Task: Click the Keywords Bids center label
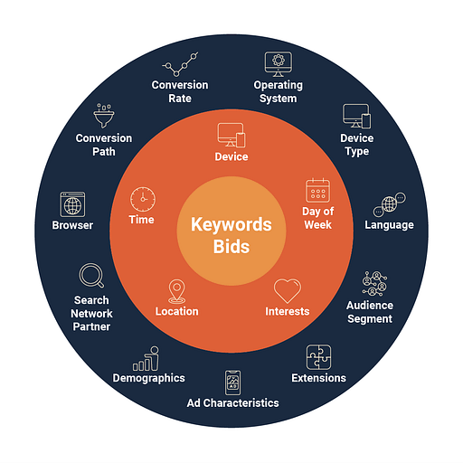(x=231, y=235)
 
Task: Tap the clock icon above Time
(x=143, y=199)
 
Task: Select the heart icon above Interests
(x=288, y=290)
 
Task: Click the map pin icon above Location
(x=177, y=291)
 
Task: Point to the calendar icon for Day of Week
(x=317, y=191)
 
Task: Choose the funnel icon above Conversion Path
(x=104, y=116)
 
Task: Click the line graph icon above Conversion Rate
(x=180, y=64)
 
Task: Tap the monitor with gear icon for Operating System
(x=279, y=64)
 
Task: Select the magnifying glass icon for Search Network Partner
(x=91, y=276)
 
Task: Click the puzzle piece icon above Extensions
(x=318, y=357)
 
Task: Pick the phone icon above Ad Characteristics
(x=232, y=383)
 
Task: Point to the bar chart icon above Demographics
(x=146, y=358)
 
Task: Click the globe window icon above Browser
(x=72, y=204)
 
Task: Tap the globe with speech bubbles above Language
(x=390, y=204)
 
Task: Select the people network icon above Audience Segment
(x=374, y=283)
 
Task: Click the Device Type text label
(x=357, y=145)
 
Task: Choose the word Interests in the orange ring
(x=288, y=311)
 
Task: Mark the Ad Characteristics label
(x=232, y=403)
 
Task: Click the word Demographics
(x=148, y=378)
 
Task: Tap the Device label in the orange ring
(x=231, y=156)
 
